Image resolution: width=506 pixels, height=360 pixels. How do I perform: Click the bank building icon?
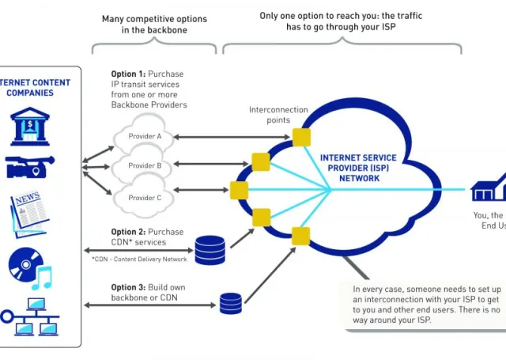click(28, 127)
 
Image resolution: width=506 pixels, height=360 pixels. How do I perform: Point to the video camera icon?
click(29, 167)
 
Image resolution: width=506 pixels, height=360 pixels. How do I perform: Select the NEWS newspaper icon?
click(29, 210)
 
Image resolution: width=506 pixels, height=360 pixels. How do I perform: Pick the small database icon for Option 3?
click(231, 301)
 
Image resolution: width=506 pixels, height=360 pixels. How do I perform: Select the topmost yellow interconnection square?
click(300, 137)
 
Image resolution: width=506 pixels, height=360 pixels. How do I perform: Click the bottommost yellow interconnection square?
click(300, 236)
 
